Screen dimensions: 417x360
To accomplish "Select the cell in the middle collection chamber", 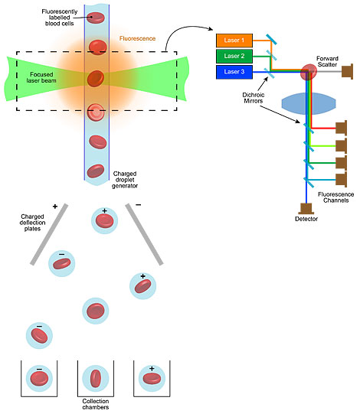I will pos(96,379).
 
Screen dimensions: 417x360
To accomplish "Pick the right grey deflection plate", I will pos(145,234).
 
